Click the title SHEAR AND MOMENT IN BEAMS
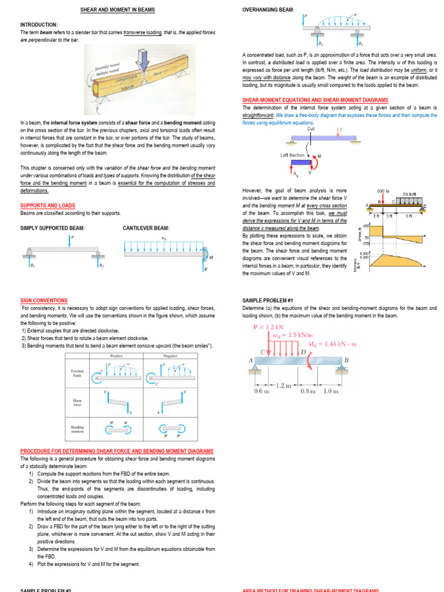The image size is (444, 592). coord(117,10)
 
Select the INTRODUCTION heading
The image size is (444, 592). coord(39,25)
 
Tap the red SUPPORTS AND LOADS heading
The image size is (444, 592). coord(47,205)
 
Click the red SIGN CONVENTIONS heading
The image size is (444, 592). coord(44,301)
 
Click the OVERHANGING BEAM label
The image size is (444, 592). coord(268,10)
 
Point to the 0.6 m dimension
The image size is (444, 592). coord(262,391)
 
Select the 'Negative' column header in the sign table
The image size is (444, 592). coord(170,356)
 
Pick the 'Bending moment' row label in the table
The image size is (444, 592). coord(77,429)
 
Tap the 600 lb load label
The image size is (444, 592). coord(384,190)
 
